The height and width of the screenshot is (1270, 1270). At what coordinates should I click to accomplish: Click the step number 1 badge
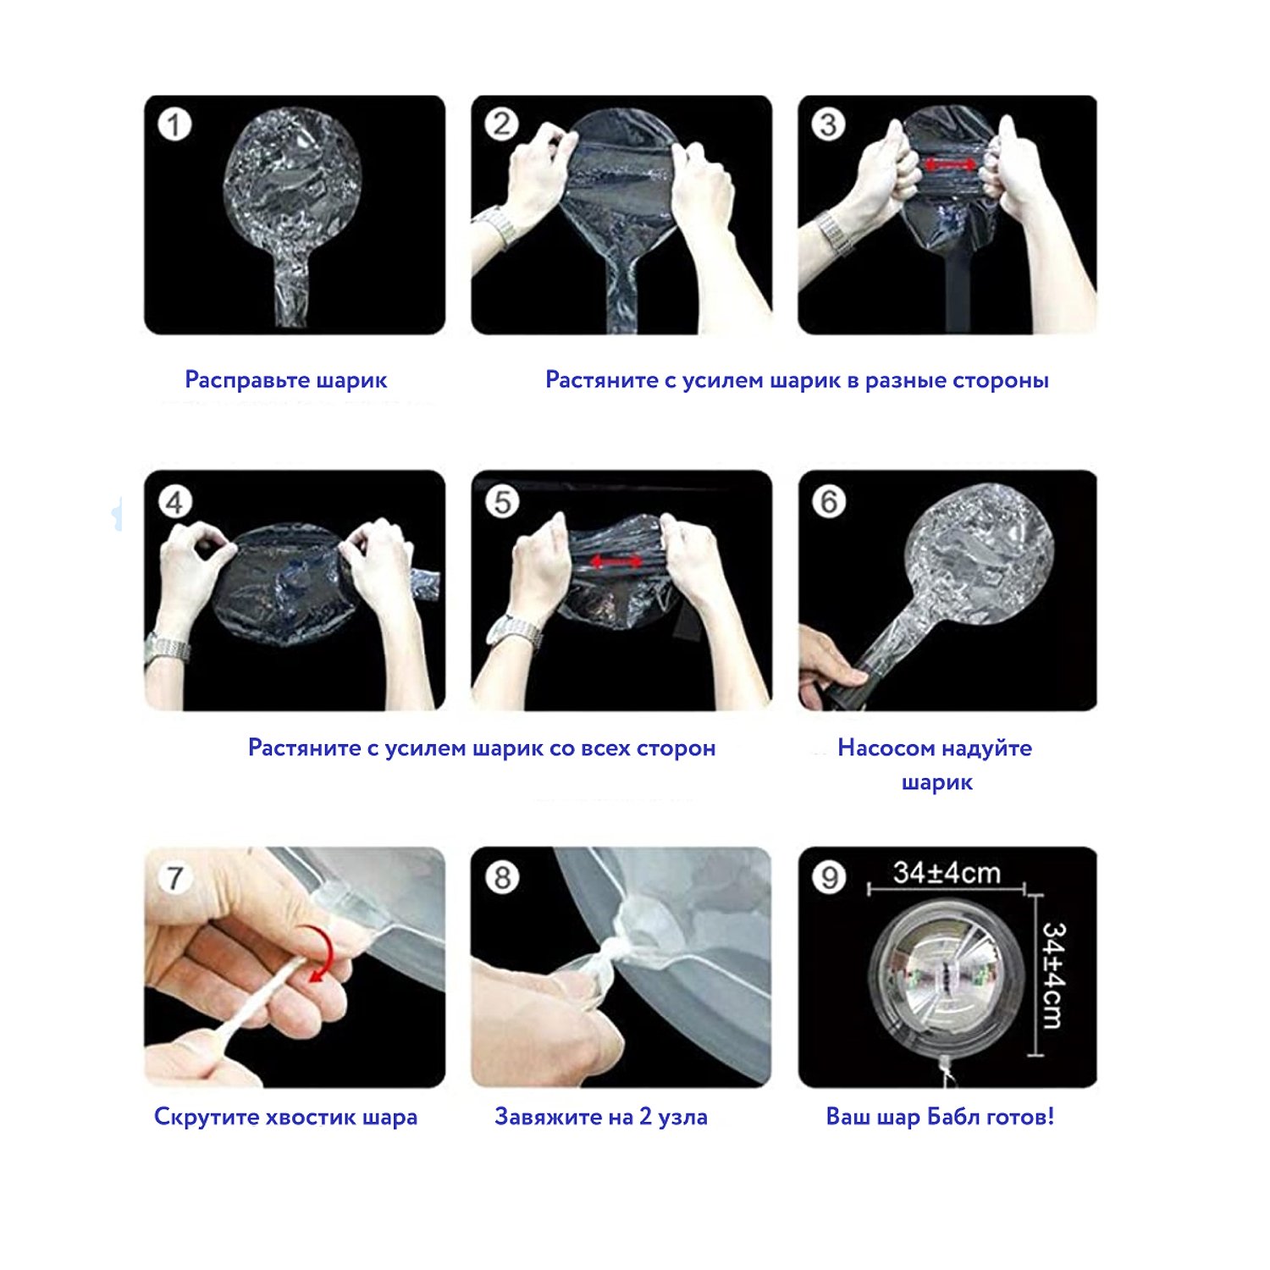(x=174, y=124)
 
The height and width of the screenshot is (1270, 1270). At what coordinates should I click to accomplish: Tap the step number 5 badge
(x=502, y=501)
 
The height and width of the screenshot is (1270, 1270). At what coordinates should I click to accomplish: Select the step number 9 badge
(x=830, y=877)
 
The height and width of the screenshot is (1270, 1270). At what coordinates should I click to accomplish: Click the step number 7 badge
(x=174, y=877)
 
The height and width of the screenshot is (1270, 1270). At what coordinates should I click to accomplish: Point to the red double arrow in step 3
(x=949, y=164)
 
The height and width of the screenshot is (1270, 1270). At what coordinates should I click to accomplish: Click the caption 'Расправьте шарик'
(x=286, y=380)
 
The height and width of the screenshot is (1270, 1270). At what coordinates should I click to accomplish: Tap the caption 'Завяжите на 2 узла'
(x=601, y=1117)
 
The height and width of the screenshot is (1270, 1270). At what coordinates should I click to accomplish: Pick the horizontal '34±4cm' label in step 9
(x=947, y=872)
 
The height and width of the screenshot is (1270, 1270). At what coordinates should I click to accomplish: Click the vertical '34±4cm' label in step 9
(x=1053, y=975)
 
